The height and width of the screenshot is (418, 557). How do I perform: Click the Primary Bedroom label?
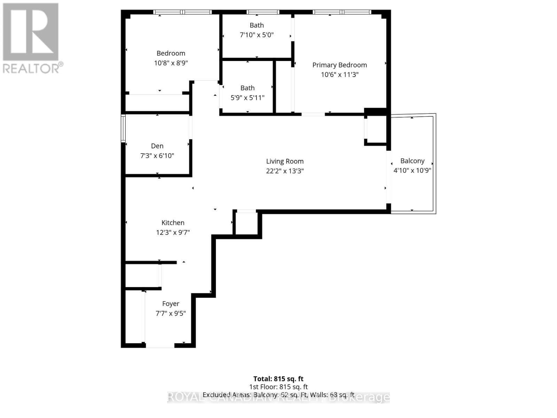(x=339, y=65)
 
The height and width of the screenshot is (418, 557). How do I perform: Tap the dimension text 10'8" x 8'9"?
(x=171, y=63)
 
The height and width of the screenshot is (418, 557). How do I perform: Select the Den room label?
(x=157, y=146)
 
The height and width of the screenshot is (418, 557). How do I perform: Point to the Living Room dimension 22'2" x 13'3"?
(x=285, y=171)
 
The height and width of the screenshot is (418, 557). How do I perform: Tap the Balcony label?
(x=412, y=161)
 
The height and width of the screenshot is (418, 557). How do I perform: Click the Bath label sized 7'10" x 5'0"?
(x=257, y=25)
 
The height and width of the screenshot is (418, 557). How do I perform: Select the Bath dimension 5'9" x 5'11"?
(x=248, y=98)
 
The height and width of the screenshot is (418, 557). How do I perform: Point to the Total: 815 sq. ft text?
(x=278, y=379)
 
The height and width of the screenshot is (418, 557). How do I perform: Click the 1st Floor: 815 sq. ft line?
(x=278, y=387)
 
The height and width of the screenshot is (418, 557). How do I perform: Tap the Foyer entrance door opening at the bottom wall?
(x=160, y=345)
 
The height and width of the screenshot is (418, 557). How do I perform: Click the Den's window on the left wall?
(x=123, y=128)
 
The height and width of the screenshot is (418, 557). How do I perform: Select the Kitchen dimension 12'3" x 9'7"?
(x=173, y=233)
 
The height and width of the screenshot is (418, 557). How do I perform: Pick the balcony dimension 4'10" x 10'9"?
(x=412, y=171)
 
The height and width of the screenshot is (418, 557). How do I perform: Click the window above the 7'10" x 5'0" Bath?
(x=263, y=12)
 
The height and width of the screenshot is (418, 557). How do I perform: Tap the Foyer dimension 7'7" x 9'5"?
(x=171, y=313)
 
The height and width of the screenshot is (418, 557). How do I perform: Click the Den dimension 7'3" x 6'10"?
(x=157, y=156)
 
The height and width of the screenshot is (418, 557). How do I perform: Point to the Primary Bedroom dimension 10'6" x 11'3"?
(x=339, y=75)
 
